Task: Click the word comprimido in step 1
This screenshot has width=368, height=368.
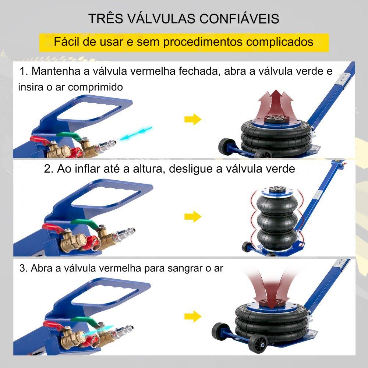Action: tap(95, 87)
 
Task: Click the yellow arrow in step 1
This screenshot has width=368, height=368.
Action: tap(193, 119)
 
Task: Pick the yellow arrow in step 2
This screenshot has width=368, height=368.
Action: tap(193, 216)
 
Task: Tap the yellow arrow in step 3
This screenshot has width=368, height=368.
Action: tap(193, 316)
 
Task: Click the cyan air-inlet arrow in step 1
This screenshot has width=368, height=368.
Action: tap(136, 134)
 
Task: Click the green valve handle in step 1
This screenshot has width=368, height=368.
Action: tap(68, 135)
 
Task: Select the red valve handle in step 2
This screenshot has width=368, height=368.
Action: tap(53, 228)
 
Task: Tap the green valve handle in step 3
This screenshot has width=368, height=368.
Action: tap(84, 321)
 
